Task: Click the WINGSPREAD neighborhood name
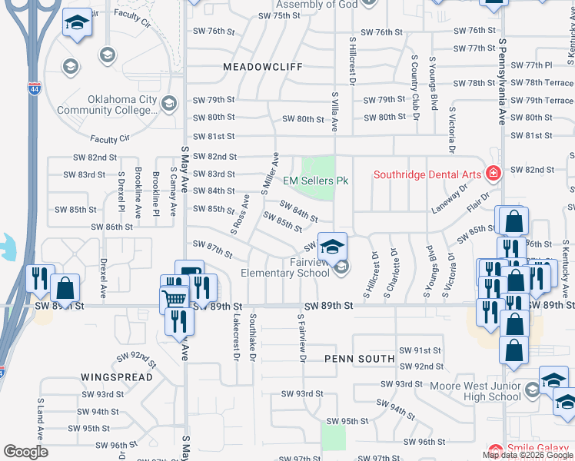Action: (117, 377)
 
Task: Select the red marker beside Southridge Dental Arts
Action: (492, 174)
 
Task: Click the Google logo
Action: (25, 452)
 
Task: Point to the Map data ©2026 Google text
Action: (528, 455)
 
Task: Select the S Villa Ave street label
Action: (335, 112)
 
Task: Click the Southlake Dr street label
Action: (252, 338)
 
